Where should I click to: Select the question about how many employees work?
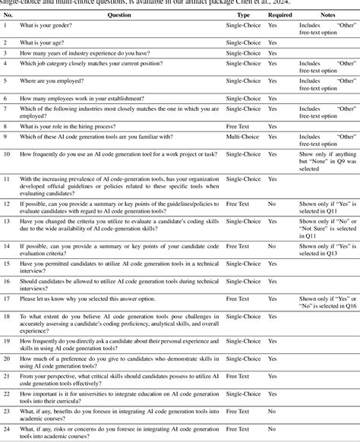[x=83, y=99]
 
